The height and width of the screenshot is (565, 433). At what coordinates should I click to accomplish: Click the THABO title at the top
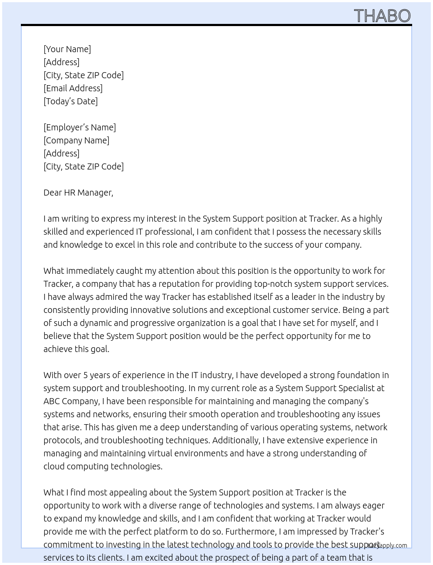point(382,16)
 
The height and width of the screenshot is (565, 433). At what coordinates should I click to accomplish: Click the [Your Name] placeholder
point(67,49)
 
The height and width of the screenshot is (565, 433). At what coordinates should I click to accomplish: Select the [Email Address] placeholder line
point(73,88)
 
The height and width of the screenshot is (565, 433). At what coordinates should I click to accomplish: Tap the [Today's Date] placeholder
point(70,101)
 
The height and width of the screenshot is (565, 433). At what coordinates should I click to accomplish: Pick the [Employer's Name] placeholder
point(80,127)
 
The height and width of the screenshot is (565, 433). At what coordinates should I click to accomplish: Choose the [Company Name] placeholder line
point(76,140)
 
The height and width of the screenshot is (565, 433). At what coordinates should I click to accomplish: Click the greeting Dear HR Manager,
point(78,193)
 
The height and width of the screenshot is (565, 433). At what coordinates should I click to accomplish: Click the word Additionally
point(235,440)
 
